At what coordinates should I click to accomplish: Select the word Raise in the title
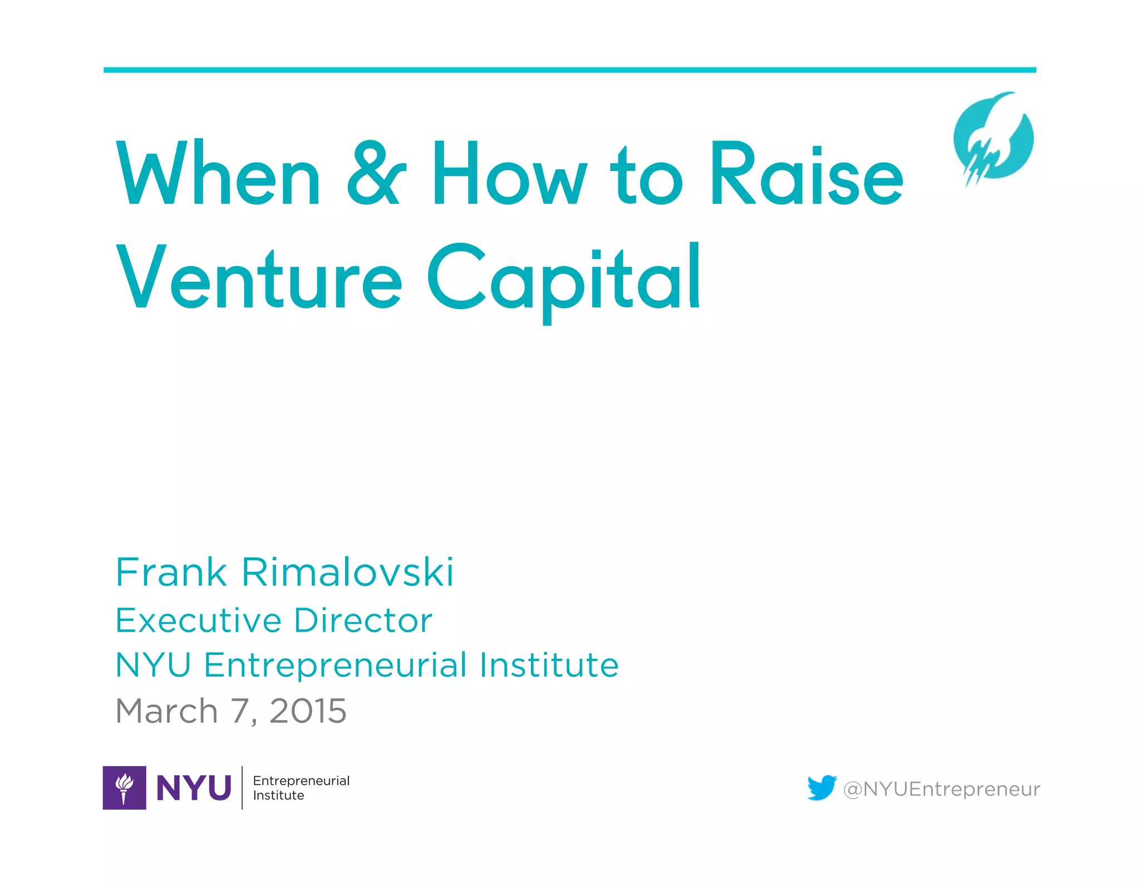click(x=806, y=174)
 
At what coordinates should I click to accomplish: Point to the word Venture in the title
click(x=259, y=277)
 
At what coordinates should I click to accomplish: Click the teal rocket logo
click(x=993, y=139)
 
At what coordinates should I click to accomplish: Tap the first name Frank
click(x=171, y=572)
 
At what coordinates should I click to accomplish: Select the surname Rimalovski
click(x=347, y=572)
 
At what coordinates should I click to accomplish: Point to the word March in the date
click(x=166, y=711)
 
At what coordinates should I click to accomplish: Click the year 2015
click(x=308, y=711)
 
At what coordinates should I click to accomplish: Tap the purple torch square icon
click(x=125, y=787)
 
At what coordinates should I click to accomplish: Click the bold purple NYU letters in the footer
click(x=194, y=788)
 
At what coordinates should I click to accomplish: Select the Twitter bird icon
click(x=822, y=787)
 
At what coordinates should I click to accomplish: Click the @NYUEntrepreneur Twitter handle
click(x=941, y=789)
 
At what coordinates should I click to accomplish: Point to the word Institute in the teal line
click(x=549, y=665)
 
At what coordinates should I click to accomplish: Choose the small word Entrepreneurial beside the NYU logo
click(x=301, y=781)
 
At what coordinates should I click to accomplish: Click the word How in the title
click(x=509, y=174)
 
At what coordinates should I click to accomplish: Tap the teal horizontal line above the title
click(x=569, y=70)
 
